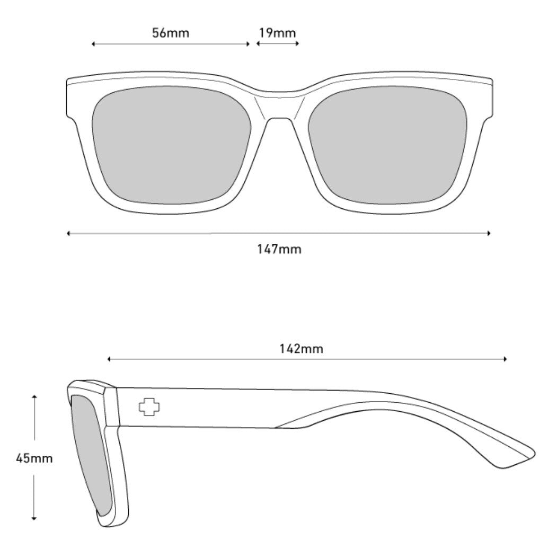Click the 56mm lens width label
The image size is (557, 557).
(x=170, y=33)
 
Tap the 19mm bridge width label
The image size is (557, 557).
(x=277, y=33)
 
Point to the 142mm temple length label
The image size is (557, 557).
(x=301, y=349)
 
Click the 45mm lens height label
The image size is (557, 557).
(x=34, y=458)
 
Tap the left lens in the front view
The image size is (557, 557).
(x=171, y=145)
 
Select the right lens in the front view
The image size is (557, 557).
(x=388, y=145)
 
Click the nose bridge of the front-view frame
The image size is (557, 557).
(x=279, y=103)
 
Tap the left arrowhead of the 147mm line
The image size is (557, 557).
(x=69, y=233)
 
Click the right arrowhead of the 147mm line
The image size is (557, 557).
(x=489, y=233)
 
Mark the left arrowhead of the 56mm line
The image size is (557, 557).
(x=93, y=44)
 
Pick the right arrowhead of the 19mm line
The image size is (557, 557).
(x=297, y=44)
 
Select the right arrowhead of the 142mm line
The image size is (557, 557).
(x=506, y=359)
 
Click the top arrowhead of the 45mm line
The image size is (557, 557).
(x=34, y=396)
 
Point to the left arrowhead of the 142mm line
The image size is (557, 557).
(x=109, y=359)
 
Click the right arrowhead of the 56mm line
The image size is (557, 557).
(x=248, y=44)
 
